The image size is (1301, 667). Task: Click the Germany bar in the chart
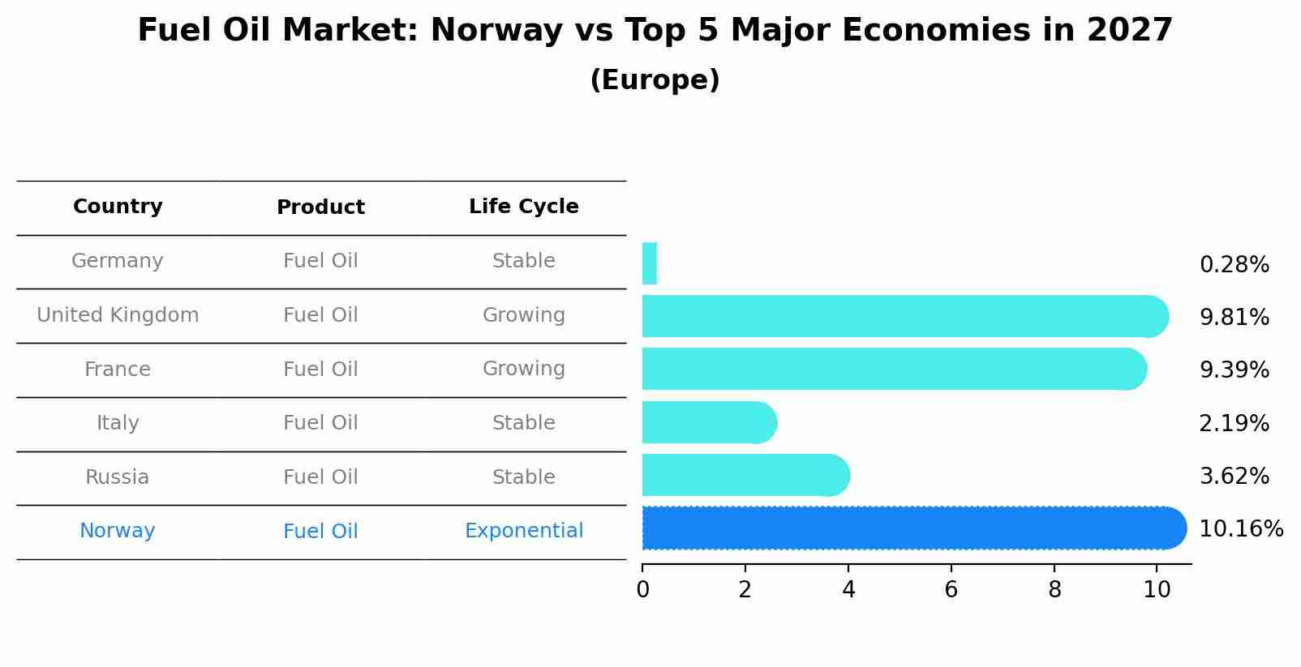(649, 263)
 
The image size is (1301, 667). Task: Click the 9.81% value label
(1234, 317)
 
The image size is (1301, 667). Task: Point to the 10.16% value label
(1240, 528)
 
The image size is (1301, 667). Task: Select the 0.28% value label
(1234, 264)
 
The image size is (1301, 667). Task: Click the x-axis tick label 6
(951, 590)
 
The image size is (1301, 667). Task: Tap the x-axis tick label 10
(1157, 590)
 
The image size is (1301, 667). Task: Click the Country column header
(118, 207)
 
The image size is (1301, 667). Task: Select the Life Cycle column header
(523, 207)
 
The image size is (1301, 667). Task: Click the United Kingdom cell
(118, 315)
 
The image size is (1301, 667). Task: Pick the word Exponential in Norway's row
(523, 531)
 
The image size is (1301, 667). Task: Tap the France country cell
(118, 370)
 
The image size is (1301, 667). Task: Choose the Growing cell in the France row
(523, 369)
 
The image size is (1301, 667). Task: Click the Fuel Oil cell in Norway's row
(320, 532)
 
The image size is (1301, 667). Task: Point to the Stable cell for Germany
(523, 261)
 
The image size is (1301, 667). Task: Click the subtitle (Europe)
(655, 80)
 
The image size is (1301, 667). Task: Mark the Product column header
(320, 207)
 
